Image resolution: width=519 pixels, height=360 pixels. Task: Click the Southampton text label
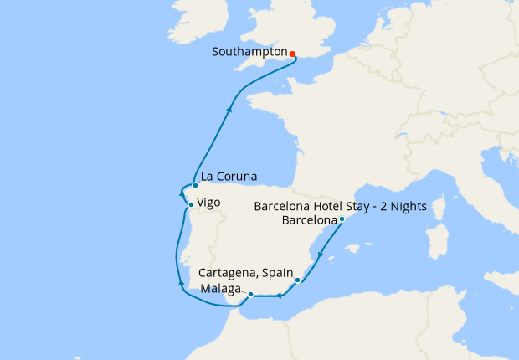click(x=249, y=52)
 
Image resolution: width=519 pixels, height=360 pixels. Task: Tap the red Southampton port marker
click(x=292, y=54)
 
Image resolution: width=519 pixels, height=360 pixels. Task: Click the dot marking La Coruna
click(x=195, y=185)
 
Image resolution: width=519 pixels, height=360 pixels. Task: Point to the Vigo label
click(x=209, y=202)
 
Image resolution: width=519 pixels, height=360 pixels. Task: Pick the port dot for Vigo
click(x=191, y=205)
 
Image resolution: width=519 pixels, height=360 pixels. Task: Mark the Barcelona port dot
click(x=342, y=219)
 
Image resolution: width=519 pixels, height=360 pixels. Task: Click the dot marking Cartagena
click(x=298, y=280)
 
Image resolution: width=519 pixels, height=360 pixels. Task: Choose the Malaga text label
click(x=222, y=289)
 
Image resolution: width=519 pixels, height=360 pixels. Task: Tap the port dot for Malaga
click(x=250, y=294)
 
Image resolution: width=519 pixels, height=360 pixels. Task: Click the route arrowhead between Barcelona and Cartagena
click(x=321, y=255)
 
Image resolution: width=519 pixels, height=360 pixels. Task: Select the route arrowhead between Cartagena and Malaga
click(x=279, y=295)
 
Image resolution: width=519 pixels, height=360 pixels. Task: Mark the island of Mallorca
click(x=357, y=248)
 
